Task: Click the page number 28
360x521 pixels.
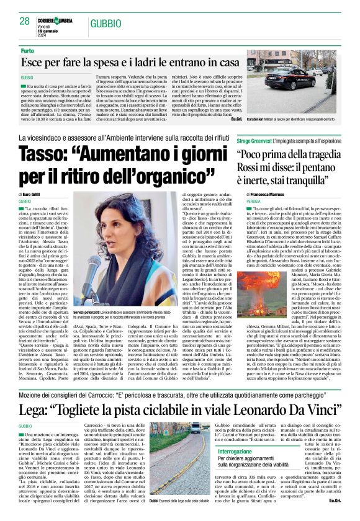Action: [x=24, y=21]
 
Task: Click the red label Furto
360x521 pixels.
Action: [x=28, y=50]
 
